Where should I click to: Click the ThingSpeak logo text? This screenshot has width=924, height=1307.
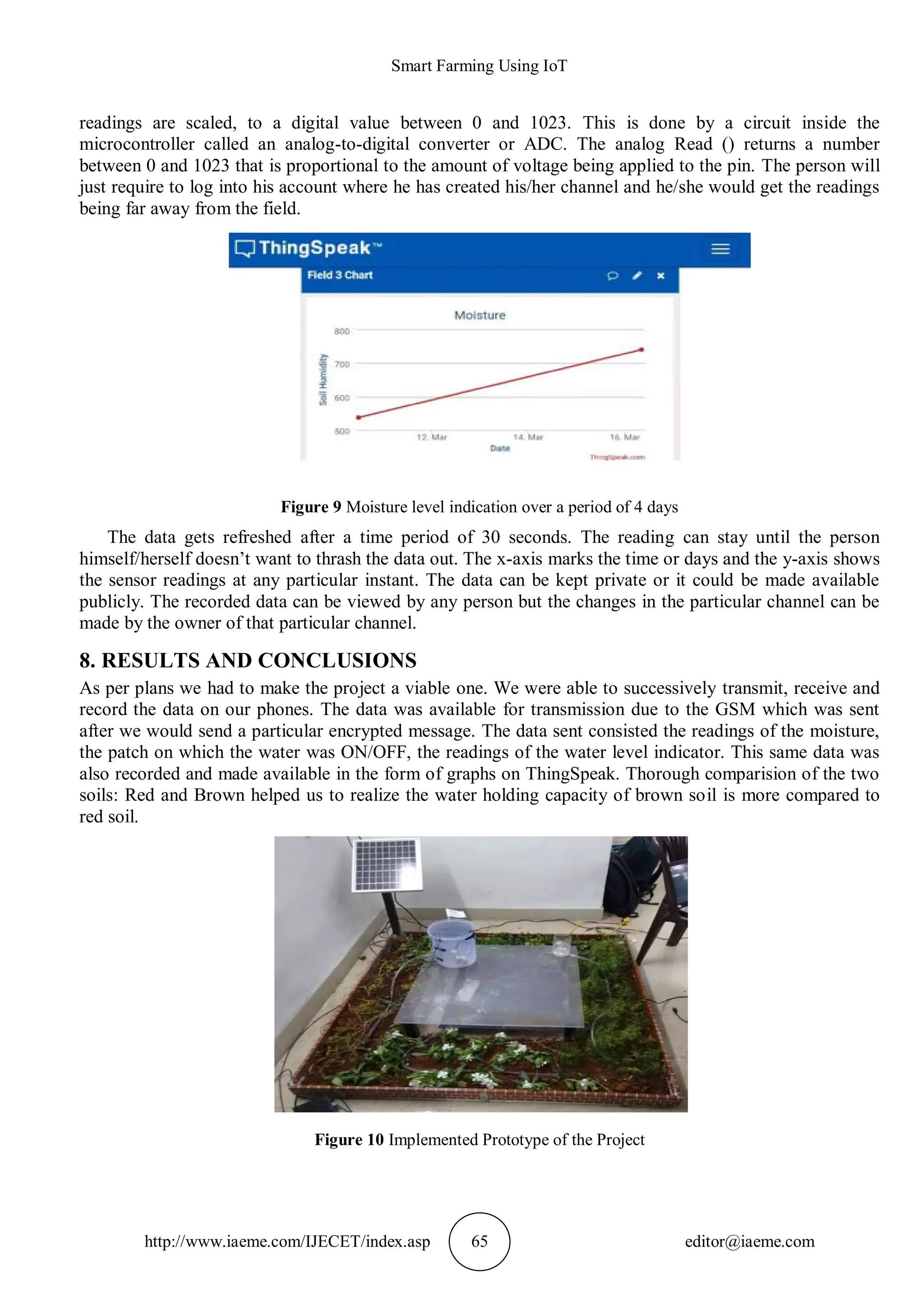pos(314,248)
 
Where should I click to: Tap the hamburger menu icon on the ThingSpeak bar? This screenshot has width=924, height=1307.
pos(721,249)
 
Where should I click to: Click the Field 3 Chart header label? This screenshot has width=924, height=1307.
pos(340,275)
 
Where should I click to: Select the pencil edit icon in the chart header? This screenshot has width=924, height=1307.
pos(637,275)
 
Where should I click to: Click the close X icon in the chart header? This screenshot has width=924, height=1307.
pos(661,275)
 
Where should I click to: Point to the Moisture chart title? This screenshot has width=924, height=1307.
pos(480,315)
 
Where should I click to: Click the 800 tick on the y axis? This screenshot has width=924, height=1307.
pos(342,331)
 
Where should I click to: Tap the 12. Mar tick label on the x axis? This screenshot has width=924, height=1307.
pos(432,437)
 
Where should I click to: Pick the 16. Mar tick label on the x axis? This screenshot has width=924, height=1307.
pos(625,437)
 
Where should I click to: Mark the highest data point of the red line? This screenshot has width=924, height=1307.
pos(642,349)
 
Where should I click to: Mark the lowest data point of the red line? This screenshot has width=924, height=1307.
pos(358,417)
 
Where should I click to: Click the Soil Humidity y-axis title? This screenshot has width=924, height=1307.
pos(323,379)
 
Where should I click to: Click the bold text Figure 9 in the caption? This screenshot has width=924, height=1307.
pos(311,507)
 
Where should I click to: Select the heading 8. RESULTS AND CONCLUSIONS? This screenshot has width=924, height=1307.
pos(248,660)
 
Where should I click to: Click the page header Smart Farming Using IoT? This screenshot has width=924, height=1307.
pos(479,66)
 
